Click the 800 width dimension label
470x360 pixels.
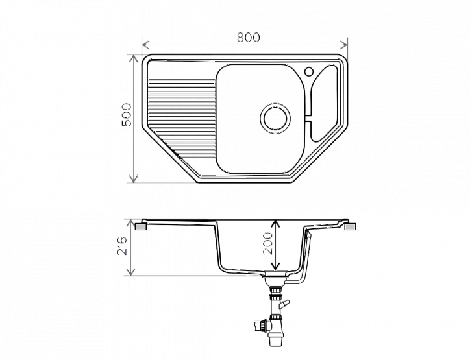click(249, 37)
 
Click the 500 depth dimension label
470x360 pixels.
click(127, 115)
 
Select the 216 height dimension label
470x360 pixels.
click(122, 246)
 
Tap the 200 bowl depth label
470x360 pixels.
click(267, 243)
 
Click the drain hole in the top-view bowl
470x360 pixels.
click(275, 119)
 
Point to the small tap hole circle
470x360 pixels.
click(309, 71)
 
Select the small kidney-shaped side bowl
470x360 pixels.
click(325, 102)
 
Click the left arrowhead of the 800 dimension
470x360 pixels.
click(145, 45)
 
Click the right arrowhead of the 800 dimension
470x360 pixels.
click(344, 45)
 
